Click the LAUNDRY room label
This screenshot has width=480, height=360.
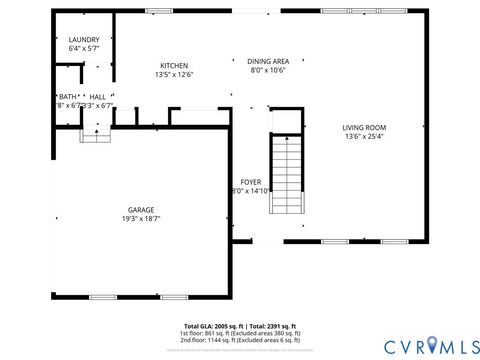pos(70,39)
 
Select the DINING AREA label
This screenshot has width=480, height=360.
pos(268,61)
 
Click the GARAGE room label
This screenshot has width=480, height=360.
pos(140,209)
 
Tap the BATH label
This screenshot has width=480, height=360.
pos(65,97)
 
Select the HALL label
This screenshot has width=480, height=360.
pos(97,97)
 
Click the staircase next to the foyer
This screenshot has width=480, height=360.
pos(287,174)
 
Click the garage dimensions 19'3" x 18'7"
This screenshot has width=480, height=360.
pos(140,218)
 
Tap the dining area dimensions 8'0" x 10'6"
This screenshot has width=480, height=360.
pos(268,70)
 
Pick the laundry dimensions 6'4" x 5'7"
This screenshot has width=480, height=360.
pos(70,48)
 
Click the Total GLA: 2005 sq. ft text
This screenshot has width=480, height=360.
pos(213,326)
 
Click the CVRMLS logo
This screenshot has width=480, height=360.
pos(420,345)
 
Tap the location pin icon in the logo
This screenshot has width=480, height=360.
pos(432,345)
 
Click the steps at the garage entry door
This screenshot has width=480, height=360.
pos(96,135)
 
